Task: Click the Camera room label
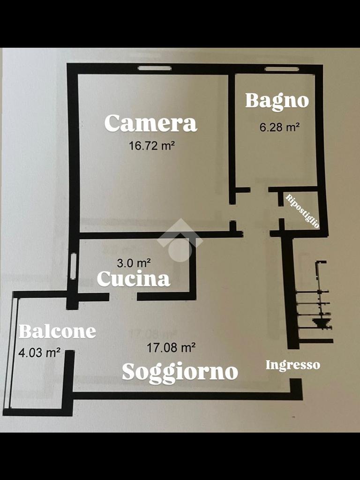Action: (x=150, y=123)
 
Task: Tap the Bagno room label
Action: (x=277, y=101)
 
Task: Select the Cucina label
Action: (x=134, y=279)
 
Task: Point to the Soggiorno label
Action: (x=180, y=372)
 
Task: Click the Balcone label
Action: (x=57, y=331)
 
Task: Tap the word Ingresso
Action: (x=292, y=365)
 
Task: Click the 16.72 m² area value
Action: (x=151, y=146)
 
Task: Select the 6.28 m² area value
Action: (x=279, y=127)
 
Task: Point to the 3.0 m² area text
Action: (x=134, y=262)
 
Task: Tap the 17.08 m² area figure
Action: (x=171, y=347)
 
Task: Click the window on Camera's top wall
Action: (x=155, y=68)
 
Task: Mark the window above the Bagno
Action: (x=281, y=69)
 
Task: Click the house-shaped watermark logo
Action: (x=180, y=240)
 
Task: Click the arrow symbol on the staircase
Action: (x=320, y=323)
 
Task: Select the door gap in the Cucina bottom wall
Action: (x=123, y=297)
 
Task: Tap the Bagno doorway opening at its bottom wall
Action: (x=259, y=189)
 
